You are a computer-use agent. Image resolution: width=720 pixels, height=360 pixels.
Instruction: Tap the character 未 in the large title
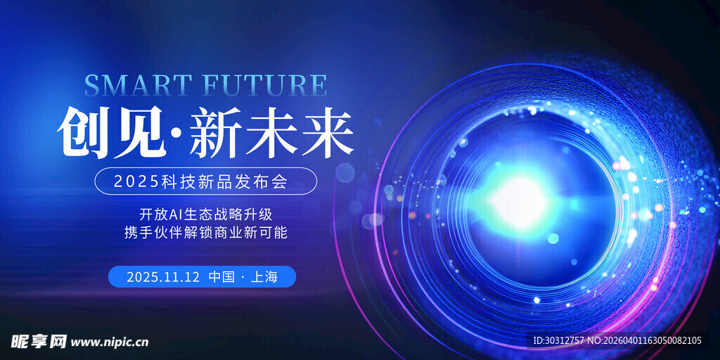pyautogui.click(x=271, y=132)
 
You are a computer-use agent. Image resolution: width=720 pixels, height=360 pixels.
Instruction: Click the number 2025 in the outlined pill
pyautogui.click(x=133, y=181)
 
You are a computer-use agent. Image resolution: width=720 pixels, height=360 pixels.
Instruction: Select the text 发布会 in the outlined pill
pyautogui.click(x=271, y=181)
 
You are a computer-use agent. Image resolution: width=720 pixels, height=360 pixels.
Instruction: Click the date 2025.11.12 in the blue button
pyautogui.click(x=162, y=277)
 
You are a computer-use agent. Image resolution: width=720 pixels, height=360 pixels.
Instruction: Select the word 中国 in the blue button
pyautogui.click(x=221, y=277)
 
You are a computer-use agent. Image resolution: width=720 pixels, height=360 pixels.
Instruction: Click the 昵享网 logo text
pyautogui.click(x=38, y=342)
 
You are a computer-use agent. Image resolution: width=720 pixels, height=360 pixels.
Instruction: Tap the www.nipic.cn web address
pyautogui.click(x=110, y=342)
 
